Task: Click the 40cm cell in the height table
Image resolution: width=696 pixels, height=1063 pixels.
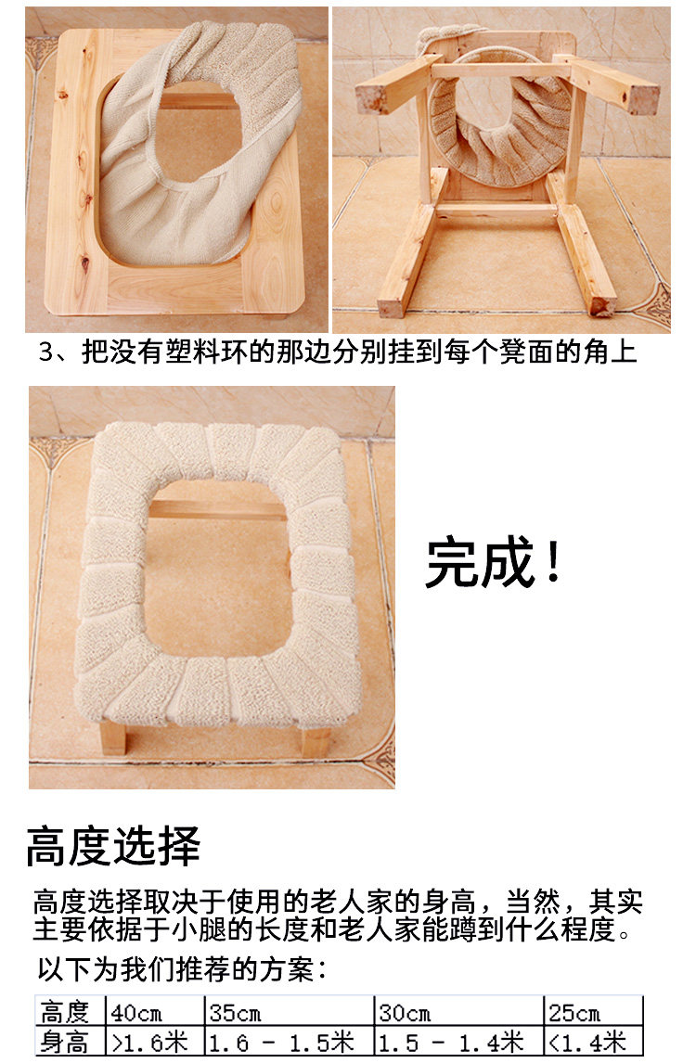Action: pos(155,1012)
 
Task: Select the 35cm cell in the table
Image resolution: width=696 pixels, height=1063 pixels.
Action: pos(289,1012)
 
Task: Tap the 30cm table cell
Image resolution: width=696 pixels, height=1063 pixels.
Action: pos(458,1012)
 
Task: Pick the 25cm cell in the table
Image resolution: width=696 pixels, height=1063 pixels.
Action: pos(593,1012)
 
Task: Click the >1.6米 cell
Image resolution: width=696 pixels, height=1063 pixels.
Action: pos(155,1042)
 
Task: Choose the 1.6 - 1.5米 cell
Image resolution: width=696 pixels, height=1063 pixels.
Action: pos(289,1042)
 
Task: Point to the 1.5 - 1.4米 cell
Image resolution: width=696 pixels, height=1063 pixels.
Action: pos(458,1042)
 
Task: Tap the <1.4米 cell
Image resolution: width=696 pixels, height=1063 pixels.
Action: pos(593,1042)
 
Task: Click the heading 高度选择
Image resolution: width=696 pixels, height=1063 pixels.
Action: pos(113,846)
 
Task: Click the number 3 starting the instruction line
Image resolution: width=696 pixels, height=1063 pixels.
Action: pos(46,352)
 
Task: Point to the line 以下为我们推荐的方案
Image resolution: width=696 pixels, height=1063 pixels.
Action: pos(182,969)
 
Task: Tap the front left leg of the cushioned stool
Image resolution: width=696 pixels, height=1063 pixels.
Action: pos(112,736)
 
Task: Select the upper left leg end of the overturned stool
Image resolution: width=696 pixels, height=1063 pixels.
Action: pos(372,96)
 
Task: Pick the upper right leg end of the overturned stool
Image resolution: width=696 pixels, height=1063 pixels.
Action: pos(642,96)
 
